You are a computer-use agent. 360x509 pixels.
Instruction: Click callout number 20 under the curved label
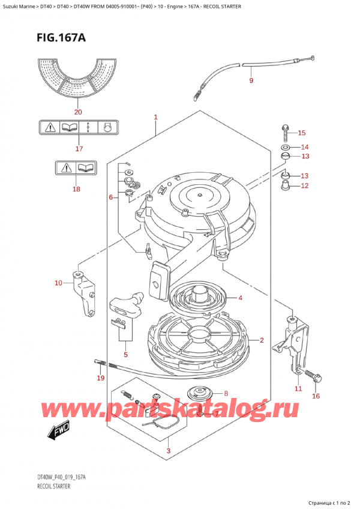point(77,111)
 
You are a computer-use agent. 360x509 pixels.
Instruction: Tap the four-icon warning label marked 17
point(77,127)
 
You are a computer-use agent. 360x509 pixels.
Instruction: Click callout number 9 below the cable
point(251,80)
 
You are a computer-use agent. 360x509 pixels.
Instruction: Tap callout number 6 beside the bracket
point(111,197)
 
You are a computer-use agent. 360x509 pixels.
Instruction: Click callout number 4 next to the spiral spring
point(240,298)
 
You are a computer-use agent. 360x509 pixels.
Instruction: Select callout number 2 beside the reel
point(262,340)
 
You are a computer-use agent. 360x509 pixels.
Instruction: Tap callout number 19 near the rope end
point(100,378)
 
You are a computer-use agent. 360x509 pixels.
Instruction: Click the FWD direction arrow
point(59,429)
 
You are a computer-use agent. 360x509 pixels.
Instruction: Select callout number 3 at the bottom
point(170,451)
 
